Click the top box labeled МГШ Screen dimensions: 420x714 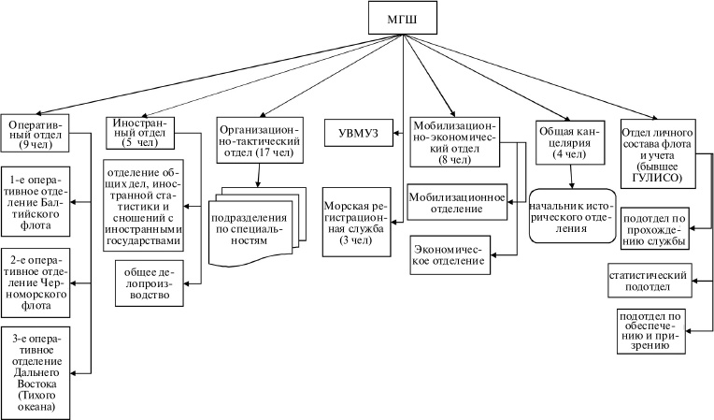tap(404, 19)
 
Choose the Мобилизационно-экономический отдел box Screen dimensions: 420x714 tap(453, 139)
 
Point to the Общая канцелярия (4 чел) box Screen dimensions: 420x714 tap(568, 139)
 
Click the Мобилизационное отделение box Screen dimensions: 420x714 tap(457, 203)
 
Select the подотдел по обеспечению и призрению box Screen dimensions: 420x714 tap(654, 329)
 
